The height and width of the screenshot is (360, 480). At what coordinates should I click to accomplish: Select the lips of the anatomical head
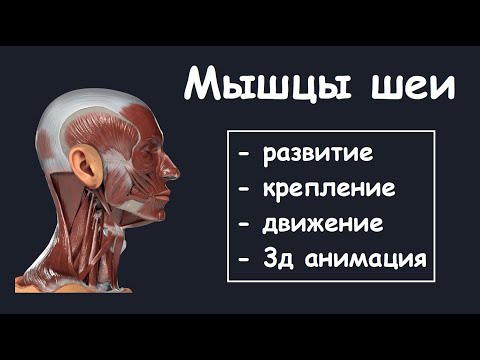point(169,188)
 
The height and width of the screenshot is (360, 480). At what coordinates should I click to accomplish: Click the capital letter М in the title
point(205,85)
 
